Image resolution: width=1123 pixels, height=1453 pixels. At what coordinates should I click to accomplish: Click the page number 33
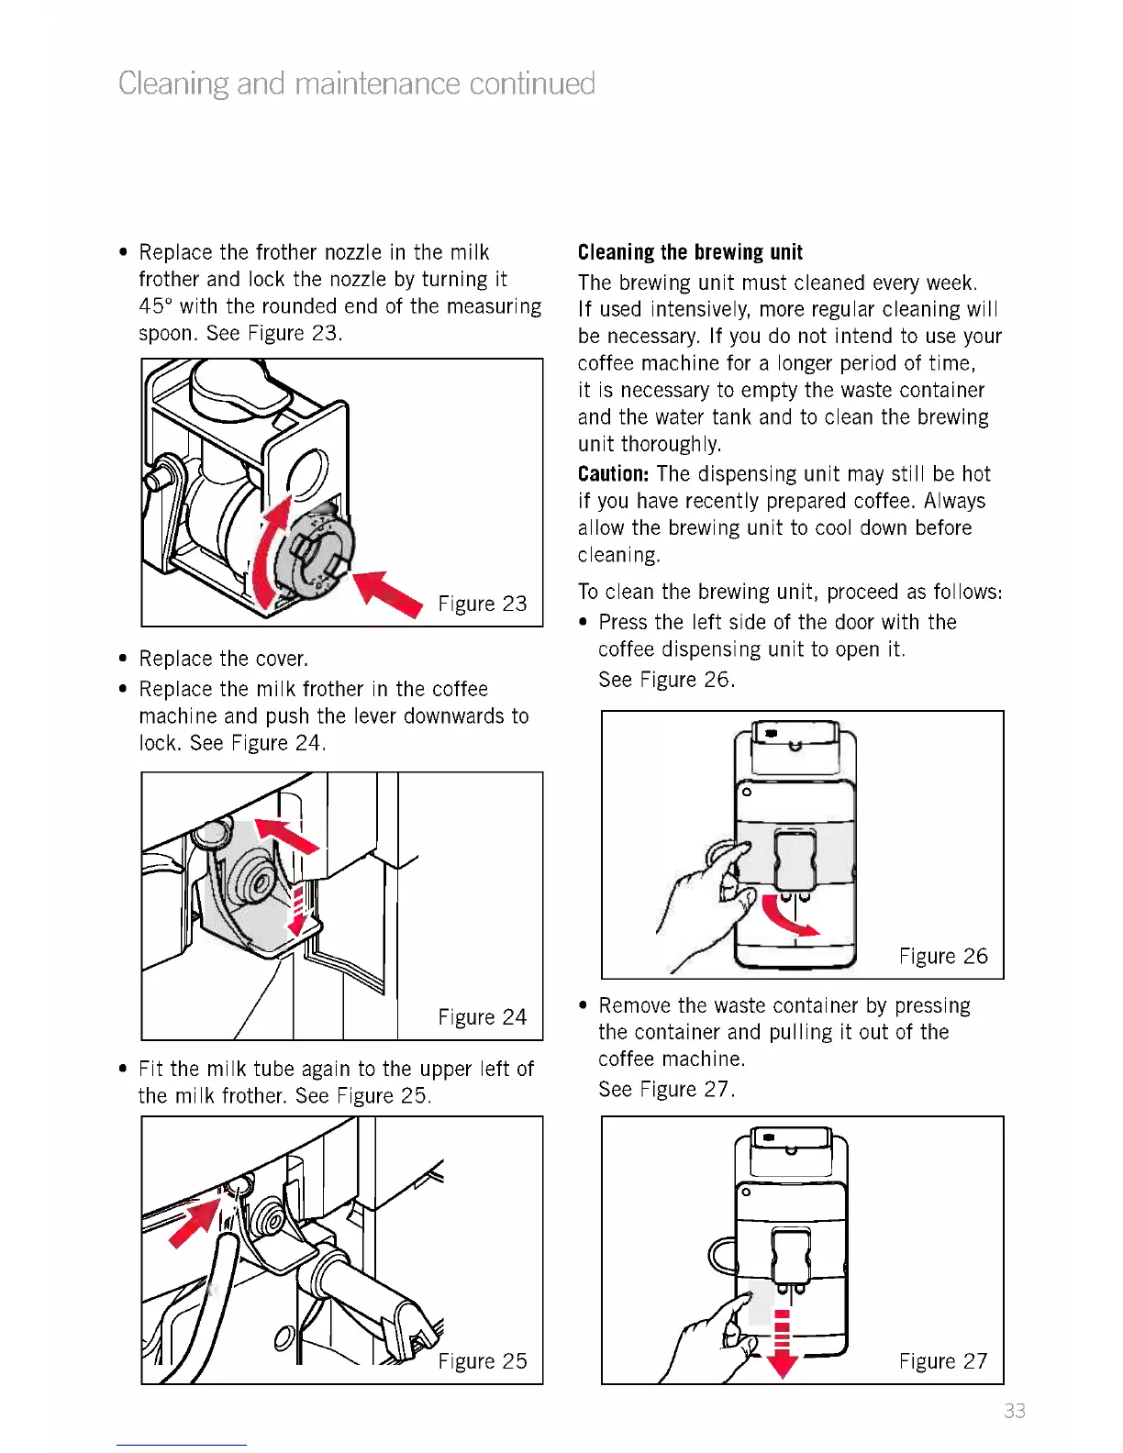point(1014,1411)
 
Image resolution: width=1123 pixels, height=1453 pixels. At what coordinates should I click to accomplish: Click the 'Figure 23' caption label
point(482,604)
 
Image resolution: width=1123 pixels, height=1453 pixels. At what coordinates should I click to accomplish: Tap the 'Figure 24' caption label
point(482,1017)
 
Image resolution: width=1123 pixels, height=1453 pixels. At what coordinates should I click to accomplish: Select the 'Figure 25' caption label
point(482,1361)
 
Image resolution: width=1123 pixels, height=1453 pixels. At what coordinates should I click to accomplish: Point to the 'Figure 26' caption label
point(942,957)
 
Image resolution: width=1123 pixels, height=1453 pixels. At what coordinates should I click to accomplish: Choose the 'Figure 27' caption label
point(942,1361)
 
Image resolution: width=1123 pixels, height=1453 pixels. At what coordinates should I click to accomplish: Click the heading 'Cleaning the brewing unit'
point(690,252)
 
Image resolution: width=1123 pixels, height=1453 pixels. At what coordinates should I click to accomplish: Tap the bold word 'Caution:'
point(613,474)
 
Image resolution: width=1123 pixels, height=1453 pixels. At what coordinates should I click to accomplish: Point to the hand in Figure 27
point(716,1330)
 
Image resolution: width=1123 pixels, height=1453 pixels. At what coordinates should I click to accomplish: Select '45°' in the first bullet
point(156,306)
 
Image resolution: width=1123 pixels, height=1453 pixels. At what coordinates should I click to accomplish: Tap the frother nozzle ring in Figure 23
point(317,555)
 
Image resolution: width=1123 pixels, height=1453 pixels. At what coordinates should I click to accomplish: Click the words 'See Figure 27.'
point(666,1090)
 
